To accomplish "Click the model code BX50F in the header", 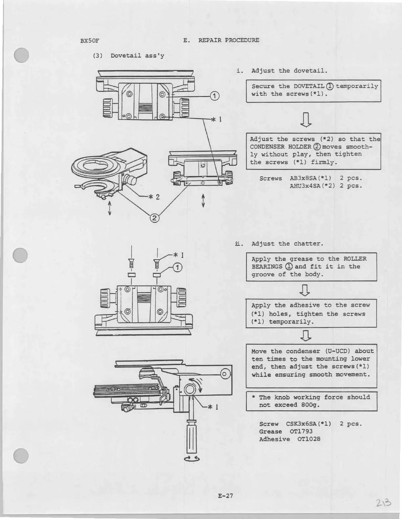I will tap(90, 41).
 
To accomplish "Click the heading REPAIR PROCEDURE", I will tap(229, 40).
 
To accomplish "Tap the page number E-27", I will tap(225, 495).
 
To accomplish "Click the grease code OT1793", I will tap(301, 432).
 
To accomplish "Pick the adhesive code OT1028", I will tap(308, 439).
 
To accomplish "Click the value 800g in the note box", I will tap(308, 405).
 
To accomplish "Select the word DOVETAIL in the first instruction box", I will tap(309, 86).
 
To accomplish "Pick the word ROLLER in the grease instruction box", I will tap(355, 259).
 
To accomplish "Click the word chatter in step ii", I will tap(308, 244).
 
